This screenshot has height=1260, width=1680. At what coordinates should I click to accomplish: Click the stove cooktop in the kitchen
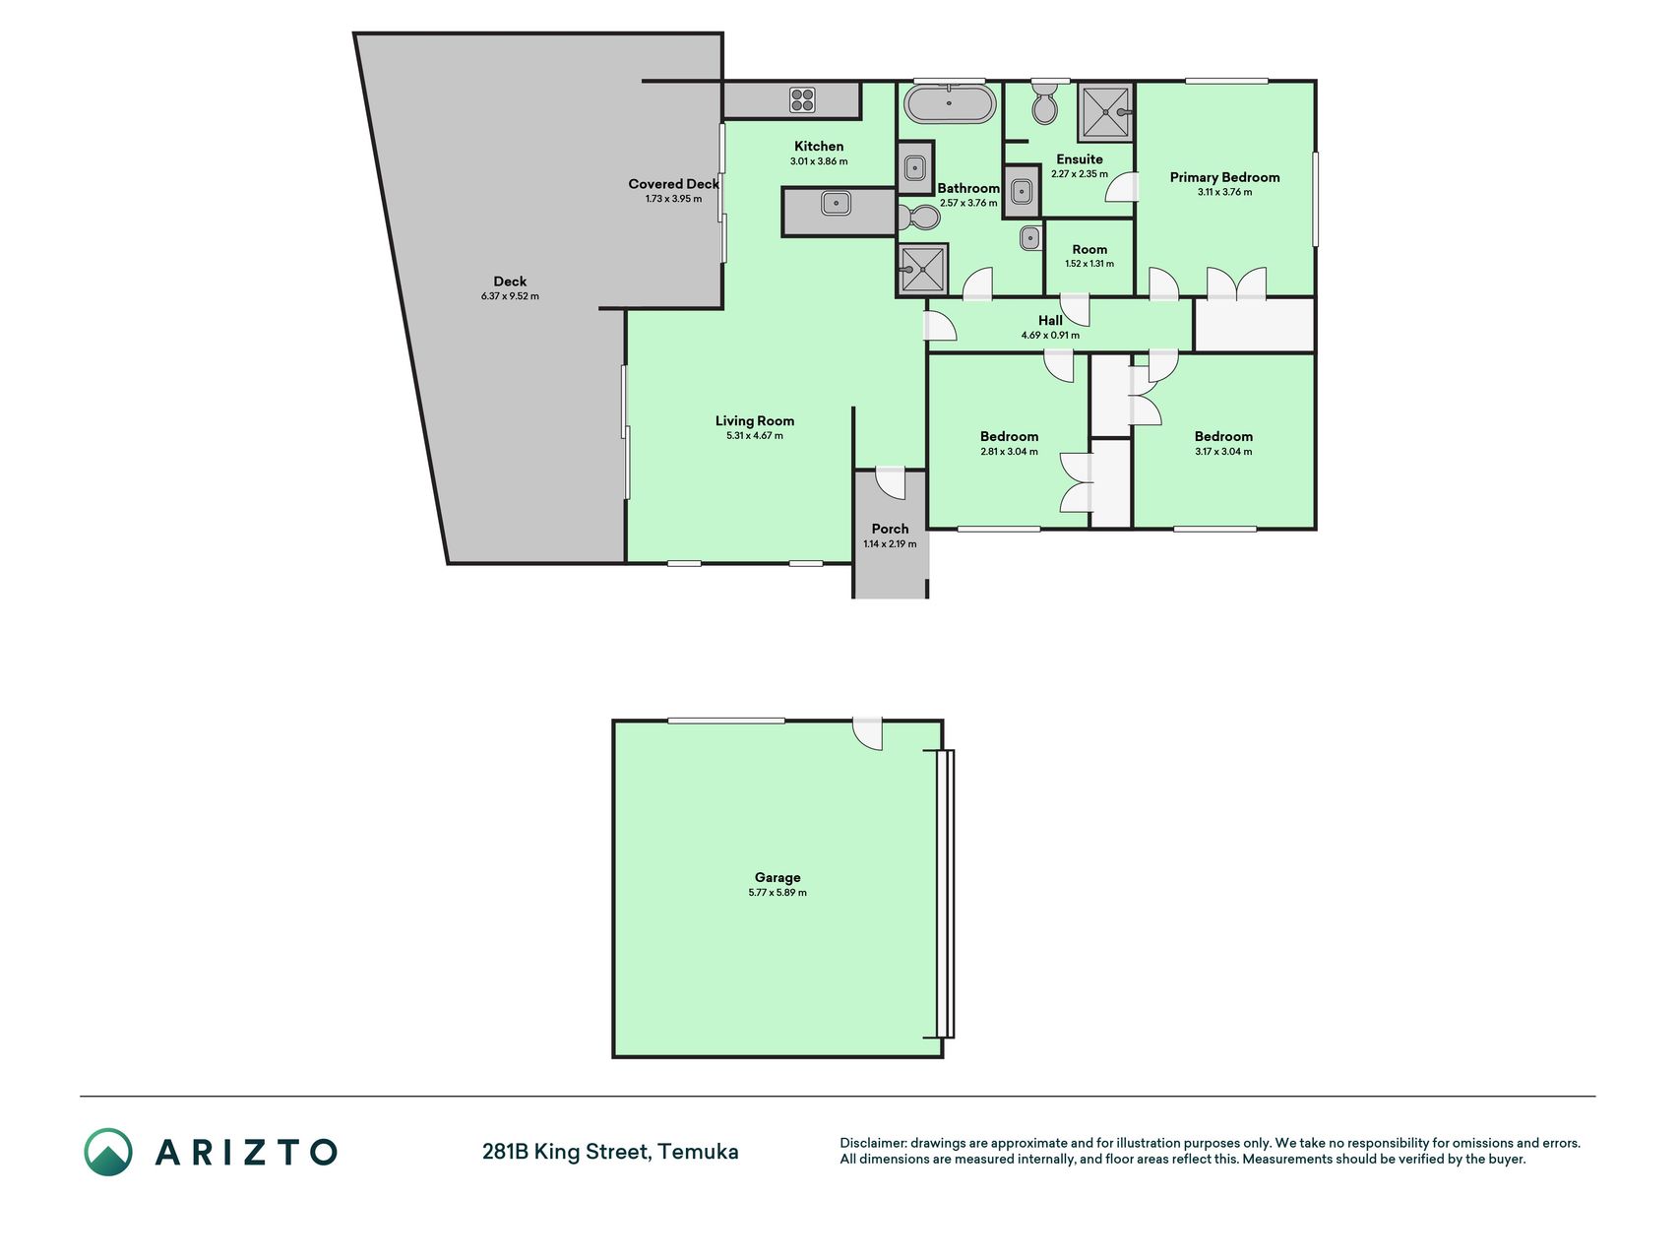(x=802, y=99)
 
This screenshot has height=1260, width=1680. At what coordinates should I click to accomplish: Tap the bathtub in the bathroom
(x=950, y=103)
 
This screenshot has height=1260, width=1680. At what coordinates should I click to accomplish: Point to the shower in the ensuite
(x=1106, y=112)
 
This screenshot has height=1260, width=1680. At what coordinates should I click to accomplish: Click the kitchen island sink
(x=837, y=204)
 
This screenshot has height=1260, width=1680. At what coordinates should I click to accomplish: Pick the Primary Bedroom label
(x=1224, y=177)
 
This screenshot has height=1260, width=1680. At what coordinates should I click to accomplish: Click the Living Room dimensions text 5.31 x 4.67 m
(x=755, y=435)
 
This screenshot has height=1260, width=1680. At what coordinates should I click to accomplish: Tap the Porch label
(x=890, y=529)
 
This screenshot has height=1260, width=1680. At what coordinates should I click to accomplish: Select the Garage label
(x=778, y=877)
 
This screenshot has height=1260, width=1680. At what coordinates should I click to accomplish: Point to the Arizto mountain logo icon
(x=108, y=1152)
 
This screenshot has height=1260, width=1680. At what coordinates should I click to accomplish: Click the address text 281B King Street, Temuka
(x=610, y=1152)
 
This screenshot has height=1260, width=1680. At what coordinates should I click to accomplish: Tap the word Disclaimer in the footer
(x=872, y=1143)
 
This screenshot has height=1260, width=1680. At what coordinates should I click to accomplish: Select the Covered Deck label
(x=673, y=184)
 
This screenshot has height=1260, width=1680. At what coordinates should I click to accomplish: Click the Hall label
(x=1050, y=320)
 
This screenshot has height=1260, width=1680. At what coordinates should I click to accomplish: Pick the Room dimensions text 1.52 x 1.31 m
(x=1089, y=264)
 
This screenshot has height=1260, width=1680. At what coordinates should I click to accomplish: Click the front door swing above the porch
(x=890, y=482)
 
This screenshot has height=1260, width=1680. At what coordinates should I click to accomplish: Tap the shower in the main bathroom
(x=922, y=269)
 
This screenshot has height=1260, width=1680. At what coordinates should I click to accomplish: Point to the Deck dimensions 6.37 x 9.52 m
(x=510, y=296)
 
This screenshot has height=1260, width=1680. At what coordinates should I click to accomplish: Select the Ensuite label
(x=1080, y=159)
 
